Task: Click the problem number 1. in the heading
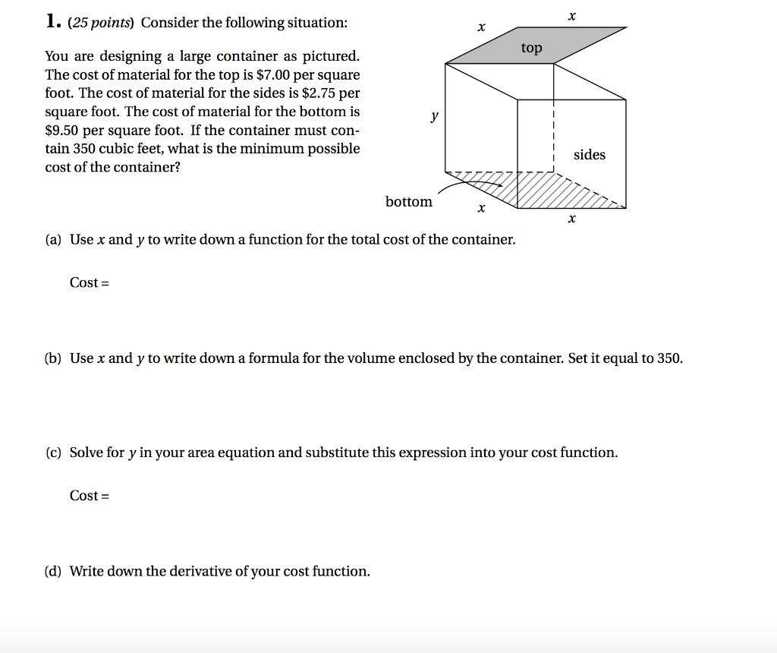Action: point(52,22)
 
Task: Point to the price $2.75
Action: point(319,93)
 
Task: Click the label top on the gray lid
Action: point(532,49)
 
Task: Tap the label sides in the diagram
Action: point(590,155)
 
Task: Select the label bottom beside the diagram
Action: point(408,202)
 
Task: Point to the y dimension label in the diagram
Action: point(434,116)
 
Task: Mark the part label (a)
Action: point(53,240)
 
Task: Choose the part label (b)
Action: point(53,358)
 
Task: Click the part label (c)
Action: point(53,453)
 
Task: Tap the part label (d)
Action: point(53,572)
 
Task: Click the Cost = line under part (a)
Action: point(90,283)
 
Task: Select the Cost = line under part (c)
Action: point(90,496)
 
